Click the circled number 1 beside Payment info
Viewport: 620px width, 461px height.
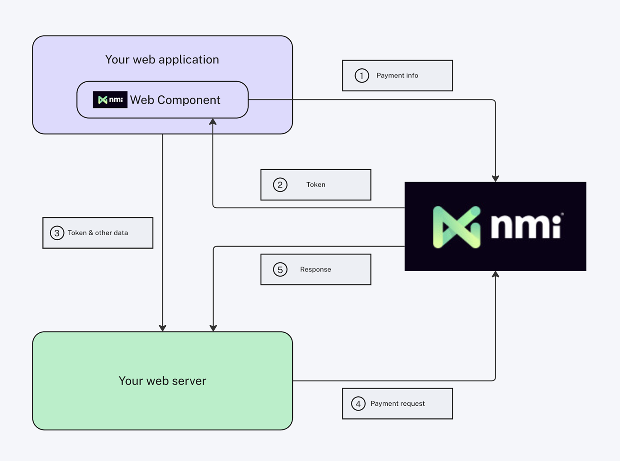coord(362,76)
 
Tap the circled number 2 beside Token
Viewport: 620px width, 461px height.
coord(280,185)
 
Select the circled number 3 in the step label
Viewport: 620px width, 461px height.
coord(57,233)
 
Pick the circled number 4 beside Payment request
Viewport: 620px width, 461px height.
coord(358,403)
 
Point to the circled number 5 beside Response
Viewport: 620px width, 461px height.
coord(280,269)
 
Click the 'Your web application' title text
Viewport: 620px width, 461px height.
coord(162,60)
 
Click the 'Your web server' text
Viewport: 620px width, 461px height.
coord(162,380)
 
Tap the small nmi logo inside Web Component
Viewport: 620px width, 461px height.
coord(110,100)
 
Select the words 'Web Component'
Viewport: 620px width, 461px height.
coord(175,100)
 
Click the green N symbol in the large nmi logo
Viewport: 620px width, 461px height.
coord(456,227)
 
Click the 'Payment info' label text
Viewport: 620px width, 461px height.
coord(397,76)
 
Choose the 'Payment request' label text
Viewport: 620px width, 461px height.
coord(398,403)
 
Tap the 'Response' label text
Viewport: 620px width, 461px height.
coord(315,269)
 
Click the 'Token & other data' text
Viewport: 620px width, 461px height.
coord(98,233)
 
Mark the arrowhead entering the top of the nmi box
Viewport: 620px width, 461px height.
coord(496,178)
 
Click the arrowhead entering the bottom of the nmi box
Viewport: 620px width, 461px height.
coord(496,274)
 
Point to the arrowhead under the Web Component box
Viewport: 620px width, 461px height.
coord(213,121)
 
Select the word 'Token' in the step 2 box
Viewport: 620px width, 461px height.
coord(316,185)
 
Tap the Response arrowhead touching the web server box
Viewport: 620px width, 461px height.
coord(213,328)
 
